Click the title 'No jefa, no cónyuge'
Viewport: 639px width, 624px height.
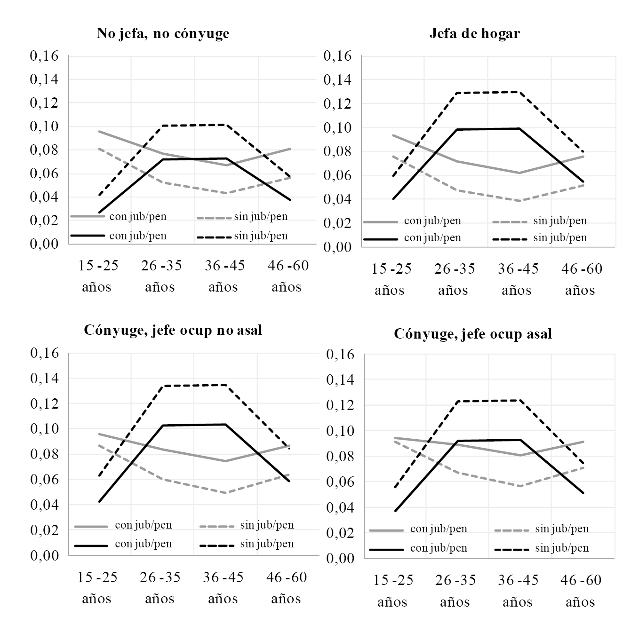pos(163,34)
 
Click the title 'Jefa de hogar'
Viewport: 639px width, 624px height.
pos(474,34)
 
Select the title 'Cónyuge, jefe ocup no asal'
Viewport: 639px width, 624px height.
pos(173,330)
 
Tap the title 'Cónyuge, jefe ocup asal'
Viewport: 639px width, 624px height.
pos(472,334)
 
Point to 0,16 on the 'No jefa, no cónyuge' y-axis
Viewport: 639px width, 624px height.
pos(44,56)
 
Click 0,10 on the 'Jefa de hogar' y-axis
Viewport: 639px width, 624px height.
pos(337,128)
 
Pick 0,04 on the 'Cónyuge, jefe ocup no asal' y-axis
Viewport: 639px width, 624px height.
pos(44,505)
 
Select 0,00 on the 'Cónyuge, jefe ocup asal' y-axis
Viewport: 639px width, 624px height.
pos(340,558)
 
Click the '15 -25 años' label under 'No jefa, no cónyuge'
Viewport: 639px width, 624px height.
pos(98,276)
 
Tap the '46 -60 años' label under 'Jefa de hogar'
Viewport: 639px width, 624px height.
pos(582,279)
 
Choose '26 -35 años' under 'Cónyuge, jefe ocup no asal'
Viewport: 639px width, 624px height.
pos(160,588)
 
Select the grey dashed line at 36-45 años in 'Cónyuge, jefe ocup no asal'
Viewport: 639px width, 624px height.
pos(226,493)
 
